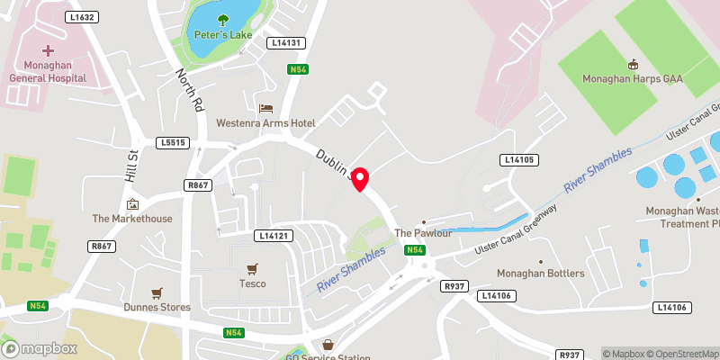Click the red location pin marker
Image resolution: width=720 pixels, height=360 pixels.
360,179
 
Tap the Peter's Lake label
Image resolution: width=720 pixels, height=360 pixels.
222,36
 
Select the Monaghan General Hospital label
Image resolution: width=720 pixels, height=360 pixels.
47,72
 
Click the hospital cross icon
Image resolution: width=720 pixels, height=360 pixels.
48,51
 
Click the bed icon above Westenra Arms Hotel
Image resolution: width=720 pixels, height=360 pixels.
265,107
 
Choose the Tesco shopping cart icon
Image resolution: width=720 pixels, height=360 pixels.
252,268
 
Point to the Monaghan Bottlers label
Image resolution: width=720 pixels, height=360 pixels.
541,274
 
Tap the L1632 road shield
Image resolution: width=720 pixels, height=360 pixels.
82,17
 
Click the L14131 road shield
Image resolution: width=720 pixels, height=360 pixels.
287,42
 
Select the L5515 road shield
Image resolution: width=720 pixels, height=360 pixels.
172,142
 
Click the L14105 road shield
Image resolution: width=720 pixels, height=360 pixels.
518,159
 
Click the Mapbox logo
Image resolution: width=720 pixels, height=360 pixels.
38,348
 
